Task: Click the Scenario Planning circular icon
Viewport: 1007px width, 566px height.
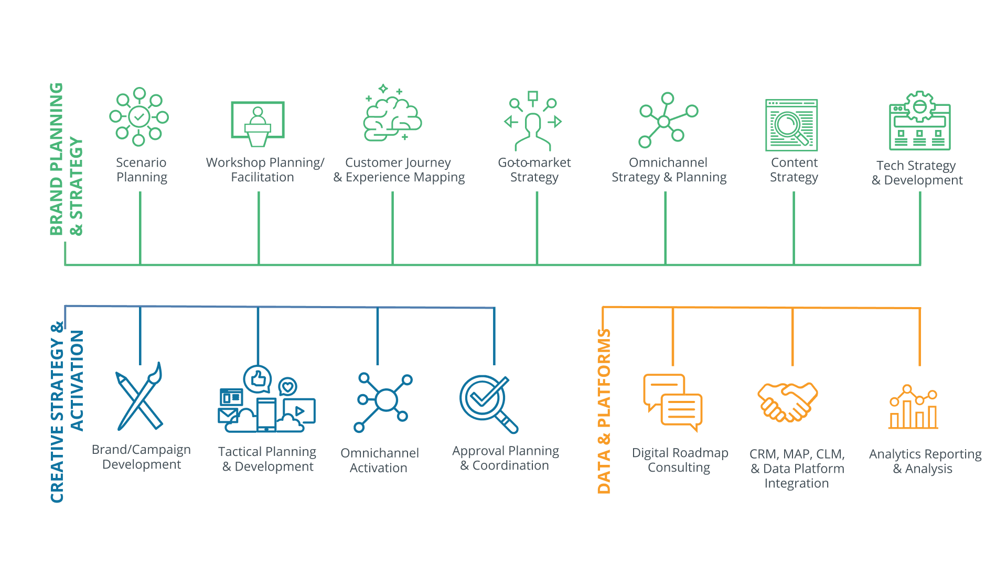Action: [x=139, y=116]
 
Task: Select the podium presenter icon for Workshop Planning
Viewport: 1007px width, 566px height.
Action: [x=258, y=124]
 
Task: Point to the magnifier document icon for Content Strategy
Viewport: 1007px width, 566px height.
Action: [x=791, y=125]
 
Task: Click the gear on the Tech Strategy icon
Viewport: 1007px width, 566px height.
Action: [x=920, y=107]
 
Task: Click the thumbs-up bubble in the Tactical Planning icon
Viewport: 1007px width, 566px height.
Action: [x=258, y=378]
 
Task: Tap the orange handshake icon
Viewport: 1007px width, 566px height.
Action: [x=788, y=401]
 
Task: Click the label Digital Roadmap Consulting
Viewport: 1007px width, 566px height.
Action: [x=680, y=460]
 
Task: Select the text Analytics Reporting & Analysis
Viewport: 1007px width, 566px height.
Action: [x=925, y=461]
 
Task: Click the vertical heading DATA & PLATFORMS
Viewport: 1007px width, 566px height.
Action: [x=604, y=411]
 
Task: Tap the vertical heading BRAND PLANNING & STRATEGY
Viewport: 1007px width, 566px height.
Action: [x=66, y=159]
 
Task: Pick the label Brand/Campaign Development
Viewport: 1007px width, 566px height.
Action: [x=141, y=457]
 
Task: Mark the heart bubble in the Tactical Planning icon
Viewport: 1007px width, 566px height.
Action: [x=287, y=387]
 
